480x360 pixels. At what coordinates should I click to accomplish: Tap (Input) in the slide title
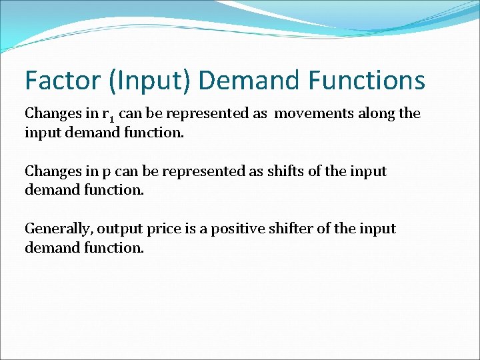click(148, 81)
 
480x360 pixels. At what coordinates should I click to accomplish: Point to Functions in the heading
click(367, 81)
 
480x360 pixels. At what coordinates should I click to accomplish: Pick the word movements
click(315, 113)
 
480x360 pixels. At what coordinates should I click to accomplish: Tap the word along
click(377, 113)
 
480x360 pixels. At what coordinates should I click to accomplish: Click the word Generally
click(59, 229)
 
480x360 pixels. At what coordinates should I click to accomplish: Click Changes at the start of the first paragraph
click(49, 113)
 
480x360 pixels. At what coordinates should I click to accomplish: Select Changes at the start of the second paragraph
click(49, 171)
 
